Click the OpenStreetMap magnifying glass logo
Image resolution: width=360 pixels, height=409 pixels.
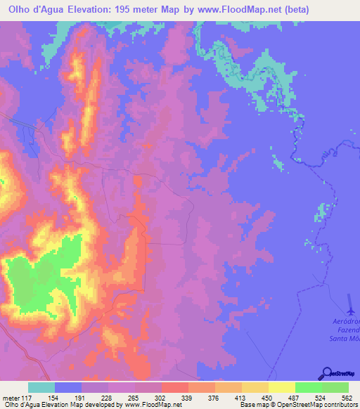326,373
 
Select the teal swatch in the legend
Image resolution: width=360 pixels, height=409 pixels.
41,387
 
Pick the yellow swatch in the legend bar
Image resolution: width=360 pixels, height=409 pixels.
282,387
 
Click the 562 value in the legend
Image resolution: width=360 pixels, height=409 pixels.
345,397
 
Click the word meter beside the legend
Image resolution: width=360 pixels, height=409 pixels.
9,397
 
